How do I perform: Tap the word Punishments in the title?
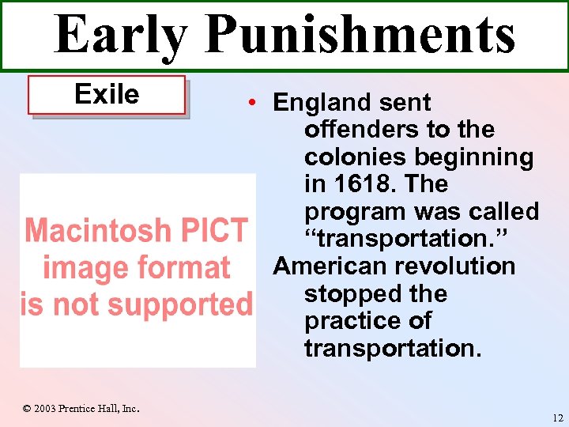tap(360, 35)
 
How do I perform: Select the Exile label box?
tap(107, 95)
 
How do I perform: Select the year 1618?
tap(360, 184)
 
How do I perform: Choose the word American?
tap(334, 266)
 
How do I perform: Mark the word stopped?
tap(352, 293)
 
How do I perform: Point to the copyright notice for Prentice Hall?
tap(81, 409)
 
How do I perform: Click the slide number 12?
tap(558, 418)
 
